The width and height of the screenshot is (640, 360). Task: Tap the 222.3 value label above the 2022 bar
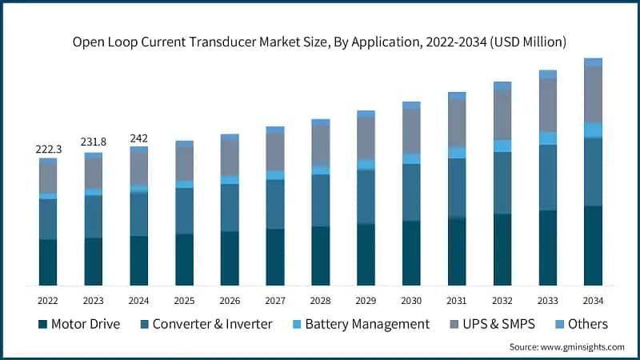[x=48, y=150]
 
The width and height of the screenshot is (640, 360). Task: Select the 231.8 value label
[x=94, y=142]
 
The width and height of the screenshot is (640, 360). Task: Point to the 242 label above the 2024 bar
[x=139, y=138]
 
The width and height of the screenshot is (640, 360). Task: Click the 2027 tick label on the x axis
[x=275, y=300]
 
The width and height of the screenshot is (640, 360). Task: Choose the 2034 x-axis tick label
[x=593, y=300]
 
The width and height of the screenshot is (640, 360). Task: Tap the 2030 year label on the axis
[x=411, y=300]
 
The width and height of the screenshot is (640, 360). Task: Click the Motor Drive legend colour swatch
[x=42, y=324]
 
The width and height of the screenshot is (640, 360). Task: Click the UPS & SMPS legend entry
[x=497, y=324]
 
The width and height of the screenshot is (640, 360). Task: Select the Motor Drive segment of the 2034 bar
[x=593, y=246]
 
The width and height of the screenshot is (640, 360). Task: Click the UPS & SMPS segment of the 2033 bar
[x=547, y=105]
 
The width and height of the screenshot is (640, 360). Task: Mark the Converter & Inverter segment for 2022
[x=48, y=218]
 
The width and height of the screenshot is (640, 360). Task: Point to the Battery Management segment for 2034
[x=593, y=130]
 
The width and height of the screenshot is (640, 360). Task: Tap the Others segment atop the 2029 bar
[x=366, y=114]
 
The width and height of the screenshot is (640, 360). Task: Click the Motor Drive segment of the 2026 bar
[x=230, y=258]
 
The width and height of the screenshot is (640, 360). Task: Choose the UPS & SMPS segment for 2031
[x=457, y=122]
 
